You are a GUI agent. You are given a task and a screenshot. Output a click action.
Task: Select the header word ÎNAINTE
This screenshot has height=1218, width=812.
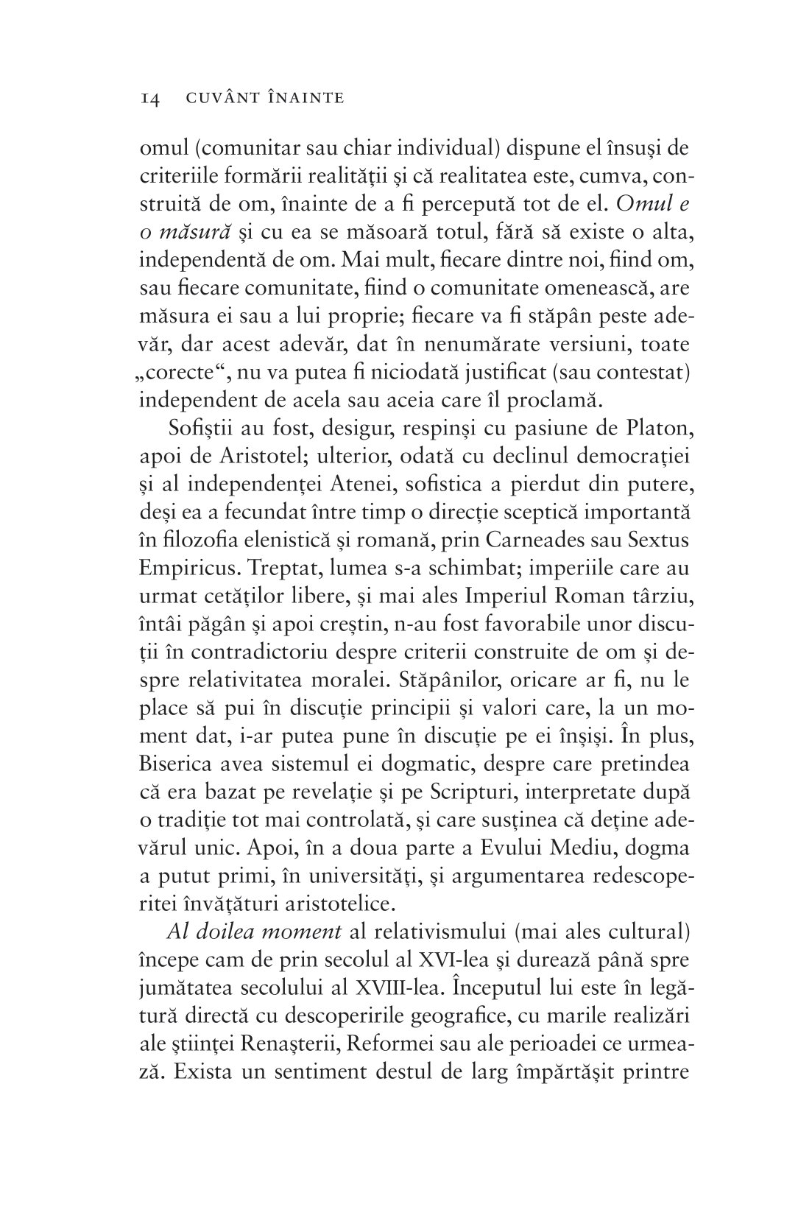click(304, 98)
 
